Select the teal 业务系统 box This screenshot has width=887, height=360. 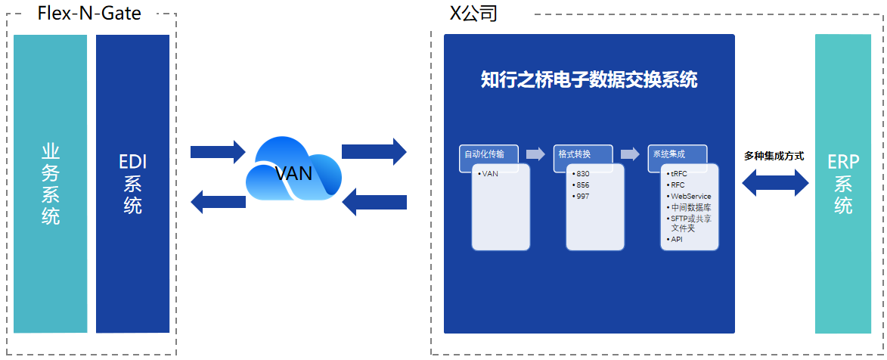coord(50,184)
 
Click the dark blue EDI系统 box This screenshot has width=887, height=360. coord(132,184)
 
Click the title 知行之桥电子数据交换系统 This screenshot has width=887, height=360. coord(588,79)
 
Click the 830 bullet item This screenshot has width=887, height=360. coord(582,173)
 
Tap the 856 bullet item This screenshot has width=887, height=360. coord(582,185)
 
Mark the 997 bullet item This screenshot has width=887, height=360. coord(582,196)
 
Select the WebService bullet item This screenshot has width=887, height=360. coord(690,196)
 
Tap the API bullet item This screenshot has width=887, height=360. coord(677,239)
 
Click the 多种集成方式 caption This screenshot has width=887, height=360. coord(774,156)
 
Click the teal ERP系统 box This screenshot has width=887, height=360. coord(843,184)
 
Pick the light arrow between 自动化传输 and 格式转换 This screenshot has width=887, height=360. coord(535,154)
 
